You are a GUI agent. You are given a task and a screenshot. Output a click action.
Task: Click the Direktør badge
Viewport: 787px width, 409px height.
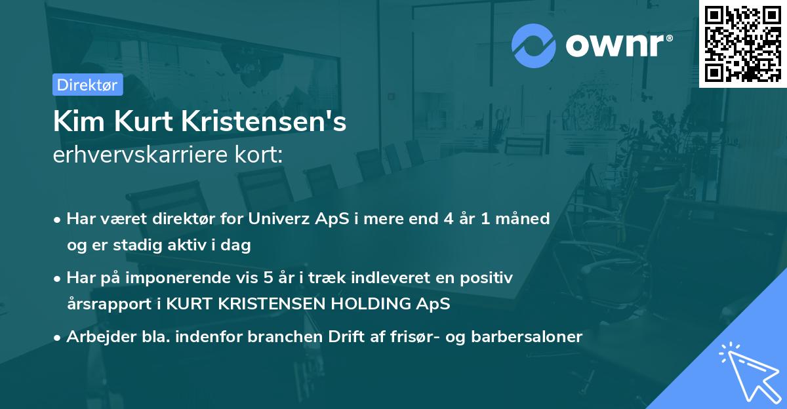pos(87,85)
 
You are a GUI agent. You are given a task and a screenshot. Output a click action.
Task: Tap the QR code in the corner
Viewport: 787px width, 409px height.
pos(743,43)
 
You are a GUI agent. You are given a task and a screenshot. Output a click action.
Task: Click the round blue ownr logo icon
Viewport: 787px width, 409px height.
pos(533,46)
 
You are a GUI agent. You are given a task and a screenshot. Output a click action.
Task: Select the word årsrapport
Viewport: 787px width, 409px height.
pos(105,304)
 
